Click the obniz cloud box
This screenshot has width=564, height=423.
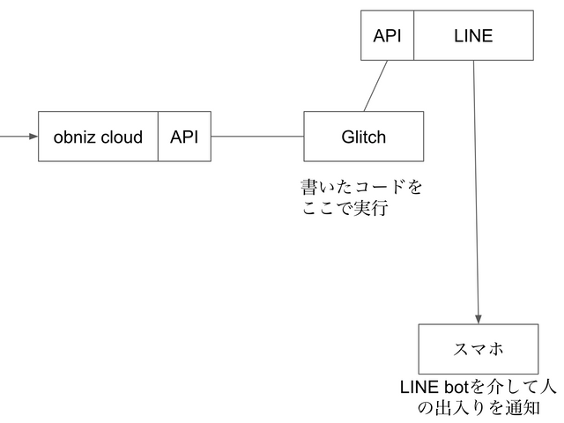pos(98,137)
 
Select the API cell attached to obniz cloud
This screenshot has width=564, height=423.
pos(184,137)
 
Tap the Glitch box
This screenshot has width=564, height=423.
pos(363,137)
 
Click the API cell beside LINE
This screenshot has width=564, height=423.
pos(387,35)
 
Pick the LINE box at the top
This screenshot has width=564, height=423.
pos(473,35)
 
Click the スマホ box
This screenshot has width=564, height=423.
pos(478,349)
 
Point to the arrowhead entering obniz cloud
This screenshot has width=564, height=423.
pos(33,137)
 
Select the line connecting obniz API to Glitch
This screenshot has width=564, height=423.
pos(257,137)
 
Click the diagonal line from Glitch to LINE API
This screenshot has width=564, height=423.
pos(376,85)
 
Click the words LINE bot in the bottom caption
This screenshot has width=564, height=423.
pos(434,387)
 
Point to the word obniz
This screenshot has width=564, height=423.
pos(74,137)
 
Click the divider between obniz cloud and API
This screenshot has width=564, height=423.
pos(158,137)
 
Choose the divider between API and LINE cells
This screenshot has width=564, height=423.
pos(413,35)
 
